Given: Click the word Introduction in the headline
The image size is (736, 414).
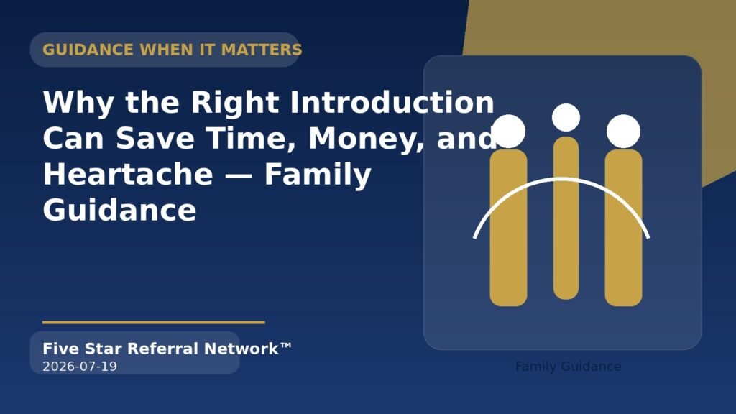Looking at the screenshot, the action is click(392, 102).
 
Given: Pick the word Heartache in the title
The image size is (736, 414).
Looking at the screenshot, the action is click(128, 174).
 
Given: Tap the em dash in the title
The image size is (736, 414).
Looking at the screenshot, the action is click(239, 175).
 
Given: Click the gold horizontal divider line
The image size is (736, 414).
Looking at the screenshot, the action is click(154, 323).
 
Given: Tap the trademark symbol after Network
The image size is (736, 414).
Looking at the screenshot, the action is click(286, 346).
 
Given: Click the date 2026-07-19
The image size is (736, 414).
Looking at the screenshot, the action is click(80, 367).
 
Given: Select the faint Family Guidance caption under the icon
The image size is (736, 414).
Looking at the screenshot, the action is click(568, 367).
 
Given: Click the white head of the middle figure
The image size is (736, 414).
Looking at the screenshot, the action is click(566, 117).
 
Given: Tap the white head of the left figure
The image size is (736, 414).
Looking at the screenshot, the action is click(508, 131).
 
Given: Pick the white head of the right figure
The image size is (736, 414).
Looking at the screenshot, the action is click(623, 131).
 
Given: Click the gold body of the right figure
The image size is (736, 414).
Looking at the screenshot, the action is click(623, 228).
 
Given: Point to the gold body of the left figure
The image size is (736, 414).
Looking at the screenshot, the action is click(508, 228).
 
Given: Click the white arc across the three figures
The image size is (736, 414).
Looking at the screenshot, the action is click(561, 179).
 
